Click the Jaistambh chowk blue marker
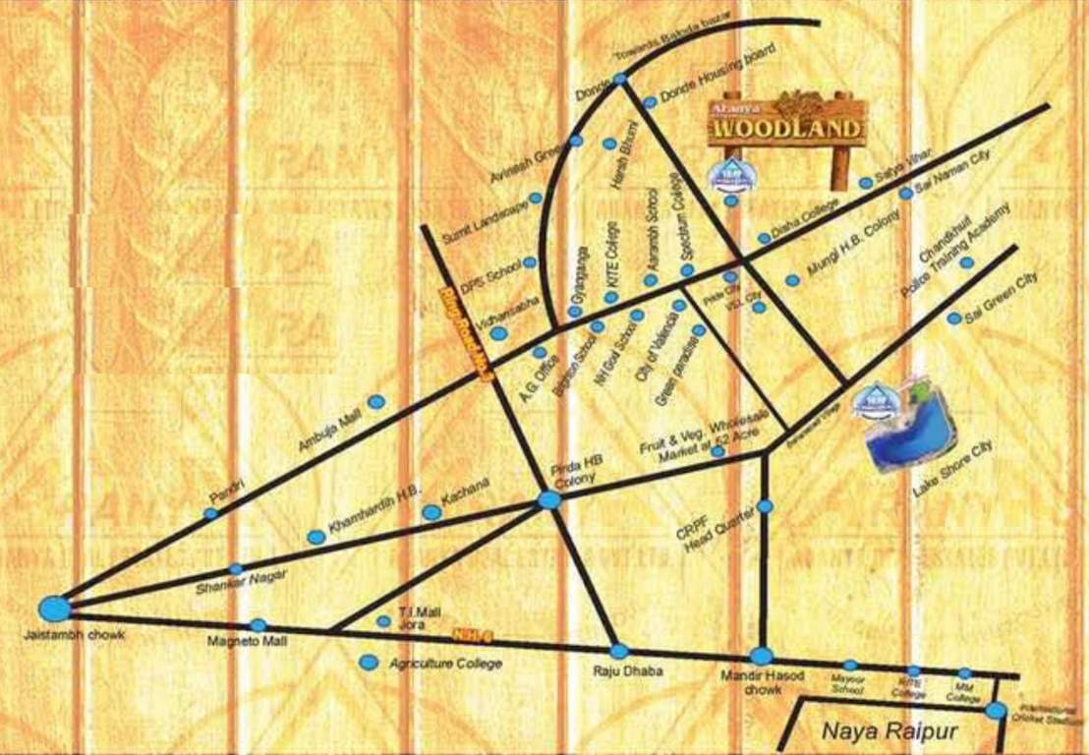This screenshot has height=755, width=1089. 53,609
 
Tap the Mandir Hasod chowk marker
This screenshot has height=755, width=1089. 762,656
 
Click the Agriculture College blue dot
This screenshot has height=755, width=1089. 369,663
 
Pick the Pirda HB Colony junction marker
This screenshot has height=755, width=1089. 549,500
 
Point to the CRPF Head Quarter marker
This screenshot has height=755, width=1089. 766,505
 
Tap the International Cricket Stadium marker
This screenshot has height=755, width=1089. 997,711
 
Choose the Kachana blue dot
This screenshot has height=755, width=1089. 430,512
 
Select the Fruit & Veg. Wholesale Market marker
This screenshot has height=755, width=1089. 717,451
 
